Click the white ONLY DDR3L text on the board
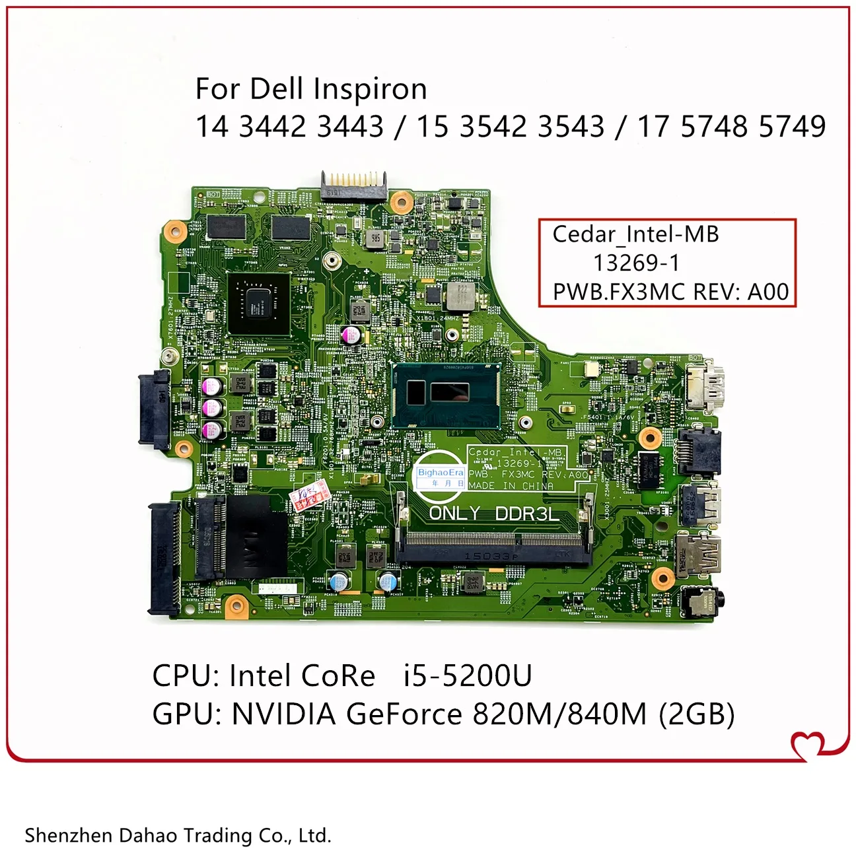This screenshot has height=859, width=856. pos(493,513)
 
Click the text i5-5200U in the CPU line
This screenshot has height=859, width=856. pos(468,675)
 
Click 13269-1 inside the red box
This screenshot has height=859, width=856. pos(635,263)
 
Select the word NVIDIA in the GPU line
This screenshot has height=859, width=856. pos(283,714)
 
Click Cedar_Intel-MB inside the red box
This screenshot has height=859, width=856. pos(635,234)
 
